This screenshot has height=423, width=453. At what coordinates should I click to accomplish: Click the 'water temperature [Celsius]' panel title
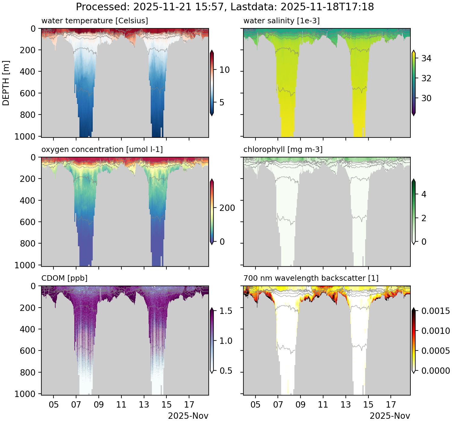pyautogui.click(x=95, y=21)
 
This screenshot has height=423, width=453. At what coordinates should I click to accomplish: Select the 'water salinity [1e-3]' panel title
pyautogui.click(x=281, y=21)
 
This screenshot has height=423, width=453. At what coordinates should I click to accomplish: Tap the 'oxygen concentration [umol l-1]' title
pyautogui.click(x=102, y=150)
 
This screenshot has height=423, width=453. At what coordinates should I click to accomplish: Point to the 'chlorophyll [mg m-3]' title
pyautogui.click(x=283, y=150)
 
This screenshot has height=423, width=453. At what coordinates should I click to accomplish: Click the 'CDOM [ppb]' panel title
pyautogui.click(x=64, y=278)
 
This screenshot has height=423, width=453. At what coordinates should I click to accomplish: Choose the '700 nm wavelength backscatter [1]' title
pyautogui.click(x=311, y=278)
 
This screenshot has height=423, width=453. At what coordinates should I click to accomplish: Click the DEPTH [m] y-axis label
pyautogui.click(x=6, y=83)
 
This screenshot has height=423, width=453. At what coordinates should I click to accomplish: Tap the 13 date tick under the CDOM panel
pyautogui.click(x=144, y=405)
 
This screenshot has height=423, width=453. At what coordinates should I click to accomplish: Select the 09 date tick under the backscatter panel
pyautogui.click(x=300, y=405)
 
